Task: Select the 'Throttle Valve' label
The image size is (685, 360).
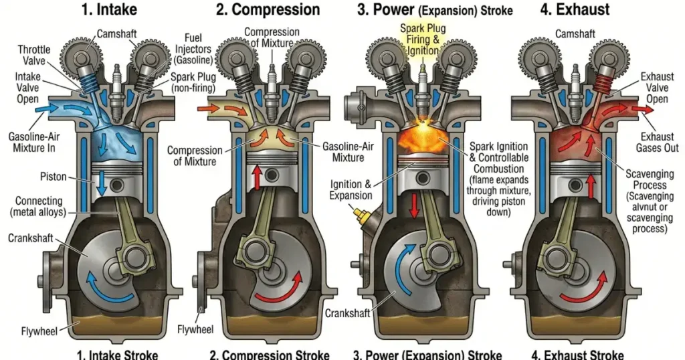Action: pos(33,55)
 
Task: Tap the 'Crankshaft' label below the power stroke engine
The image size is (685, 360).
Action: pos(346,313)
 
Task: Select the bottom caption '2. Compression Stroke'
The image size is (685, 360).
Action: pos(270,354)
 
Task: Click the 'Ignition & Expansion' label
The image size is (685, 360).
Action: pos(351,189)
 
